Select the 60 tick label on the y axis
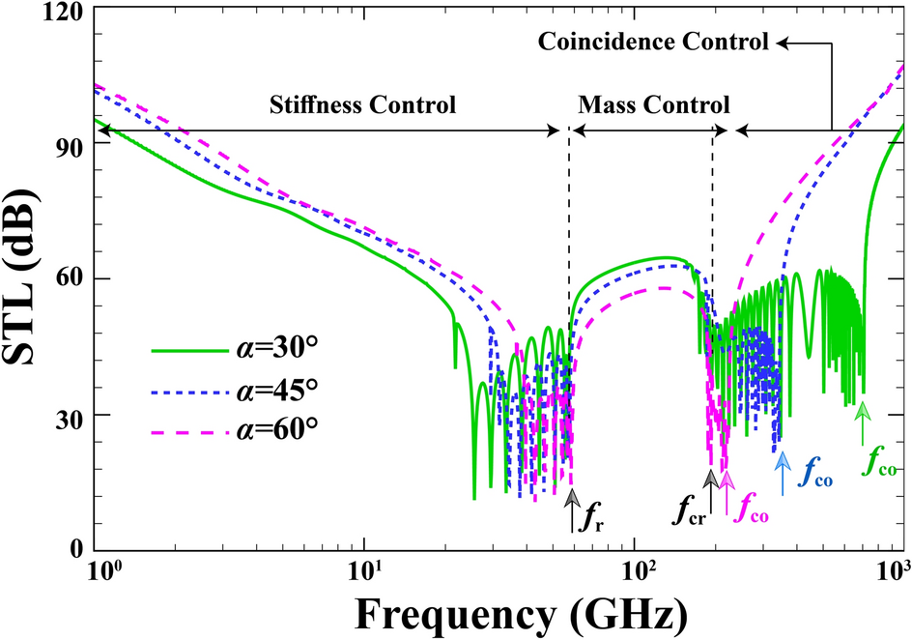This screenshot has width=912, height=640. point(69,279)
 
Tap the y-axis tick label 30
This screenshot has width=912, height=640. point(69,415)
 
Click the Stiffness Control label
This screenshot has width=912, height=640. point(362,103)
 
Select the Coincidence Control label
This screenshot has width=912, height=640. point(653,43)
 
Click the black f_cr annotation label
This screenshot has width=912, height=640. point(689,507)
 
